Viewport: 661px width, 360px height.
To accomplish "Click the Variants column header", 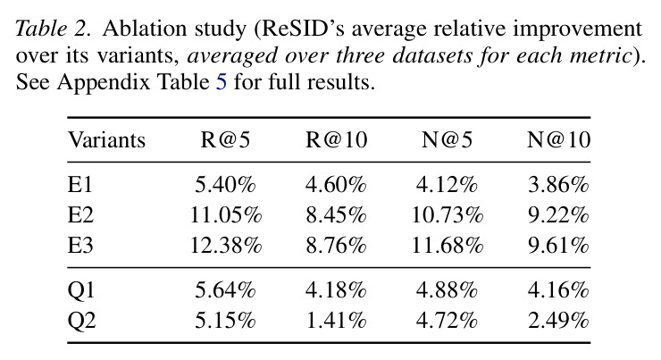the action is point(106,140).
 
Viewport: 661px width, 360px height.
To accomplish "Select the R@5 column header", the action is point(225,140).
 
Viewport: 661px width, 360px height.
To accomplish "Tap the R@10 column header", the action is point(337,140).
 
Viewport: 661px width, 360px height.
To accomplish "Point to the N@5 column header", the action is point(447,140).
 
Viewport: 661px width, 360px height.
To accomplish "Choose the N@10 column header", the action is point(558,140).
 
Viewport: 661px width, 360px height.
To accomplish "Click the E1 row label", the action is point(79,185).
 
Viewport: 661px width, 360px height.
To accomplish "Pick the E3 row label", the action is point(80,245).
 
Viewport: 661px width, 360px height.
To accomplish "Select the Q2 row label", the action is point(81,321).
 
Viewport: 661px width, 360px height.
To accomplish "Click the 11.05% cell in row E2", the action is point(225,215).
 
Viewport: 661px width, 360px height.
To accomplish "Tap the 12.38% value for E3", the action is point(225,245).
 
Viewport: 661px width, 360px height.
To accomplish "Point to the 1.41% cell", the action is point(337,321).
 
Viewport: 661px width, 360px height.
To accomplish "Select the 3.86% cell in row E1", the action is point(558,185).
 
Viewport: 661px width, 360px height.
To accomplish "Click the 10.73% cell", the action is point(447,215).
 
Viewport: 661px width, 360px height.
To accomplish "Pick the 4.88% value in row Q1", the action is point(447,290).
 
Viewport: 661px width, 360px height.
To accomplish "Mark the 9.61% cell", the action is point(558,245).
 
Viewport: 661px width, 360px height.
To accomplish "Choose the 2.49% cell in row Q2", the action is point(558,321).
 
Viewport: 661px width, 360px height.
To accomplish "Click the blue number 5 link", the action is point(222,81).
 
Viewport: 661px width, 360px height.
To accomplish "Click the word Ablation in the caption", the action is point(145,29).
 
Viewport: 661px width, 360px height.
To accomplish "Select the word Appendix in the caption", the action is point(104,82).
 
